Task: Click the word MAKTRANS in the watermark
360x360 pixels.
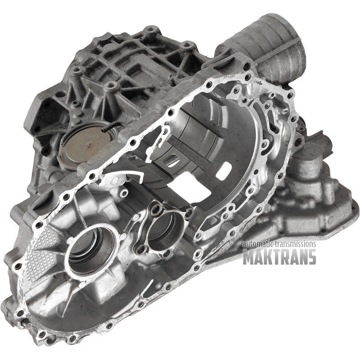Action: point(279,256)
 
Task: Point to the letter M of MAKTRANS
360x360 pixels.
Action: point(248,256)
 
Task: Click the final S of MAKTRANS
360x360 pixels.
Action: point(311,256)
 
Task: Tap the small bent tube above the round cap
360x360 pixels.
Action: point(112,126)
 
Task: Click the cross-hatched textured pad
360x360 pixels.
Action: point(42,255)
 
